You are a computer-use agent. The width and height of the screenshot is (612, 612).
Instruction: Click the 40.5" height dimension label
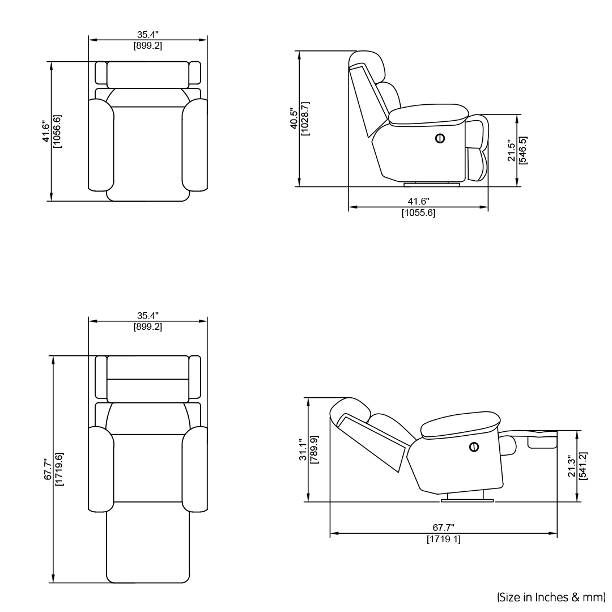[294, 119]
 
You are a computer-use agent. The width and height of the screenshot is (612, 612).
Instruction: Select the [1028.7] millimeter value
[305, 119]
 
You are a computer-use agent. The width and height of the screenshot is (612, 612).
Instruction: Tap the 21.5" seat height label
[511, 150]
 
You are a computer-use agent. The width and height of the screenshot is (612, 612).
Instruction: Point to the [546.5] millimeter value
[522, 150]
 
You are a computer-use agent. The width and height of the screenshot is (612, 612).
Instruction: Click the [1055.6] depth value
[418, 214]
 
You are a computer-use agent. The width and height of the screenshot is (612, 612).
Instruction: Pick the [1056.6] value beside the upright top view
[57, 131]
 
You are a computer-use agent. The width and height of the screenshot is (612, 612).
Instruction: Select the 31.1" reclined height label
[303, 450]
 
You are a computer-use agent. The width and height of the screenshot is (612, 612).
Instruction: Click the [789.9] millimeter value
[314, 450]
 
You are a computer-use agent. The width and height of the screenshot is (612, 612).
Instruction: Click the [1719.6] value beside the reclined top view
[59, 470]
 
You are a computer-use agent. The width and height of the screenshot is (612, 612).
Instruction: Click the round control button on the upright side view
[440, 138]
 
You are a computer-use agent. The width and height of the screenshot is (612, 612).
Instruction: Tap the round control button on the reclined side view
[474, 447]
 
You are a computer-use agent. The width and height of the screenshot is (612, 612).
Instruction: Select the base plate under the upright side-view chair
[432, 184]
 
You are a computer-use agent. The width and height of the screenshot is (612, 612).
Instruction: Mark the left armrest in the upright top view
[101, 144]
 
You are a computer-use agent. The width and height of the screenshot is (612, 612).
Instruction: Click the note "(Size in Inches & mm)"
[551, 597]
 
